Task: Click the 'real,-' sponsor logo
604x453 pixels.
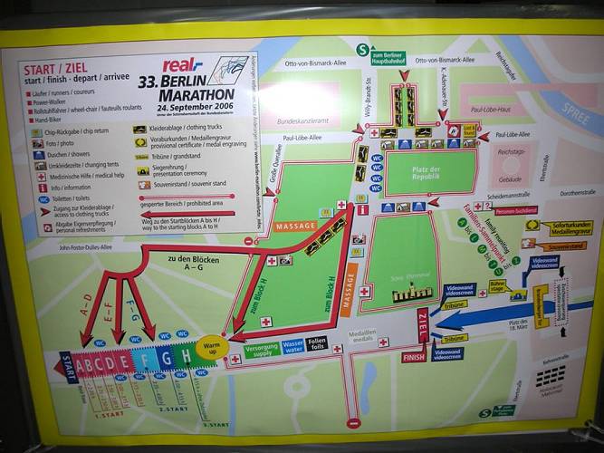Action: click(182, 64)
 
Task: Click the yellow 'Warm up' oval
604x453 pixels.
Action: click(209, 348)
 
